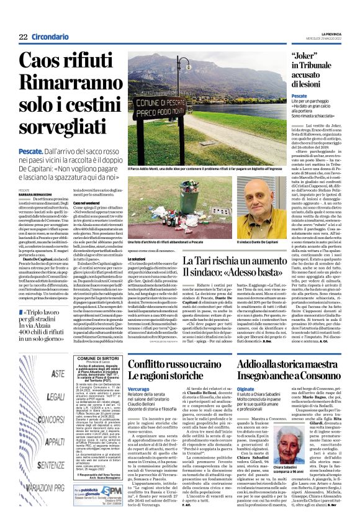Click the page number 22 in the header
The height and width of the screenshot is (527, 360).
coord(24,37)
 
